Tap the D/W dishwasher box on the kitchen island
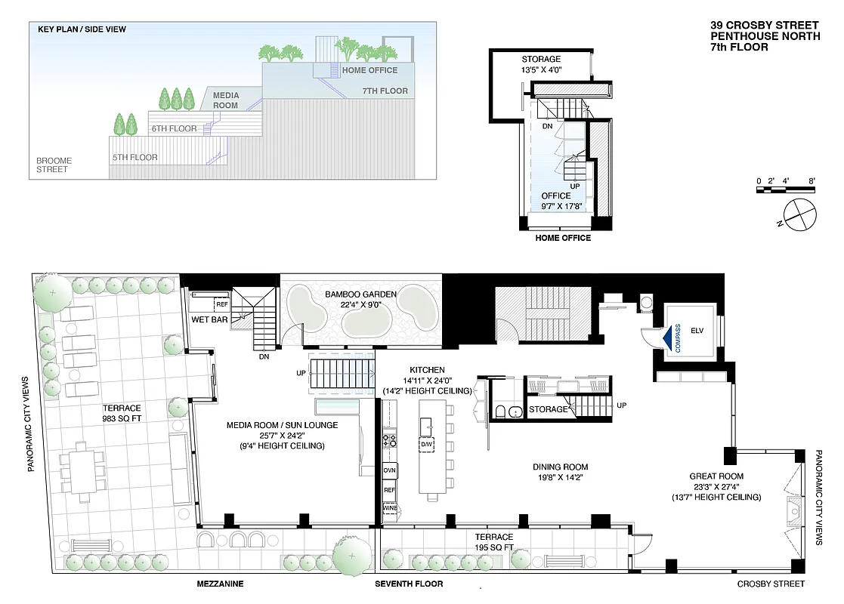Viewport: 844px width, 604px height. (x=427, y=444)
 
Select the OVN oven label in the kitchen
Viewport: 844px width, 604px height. (x=390, y=470)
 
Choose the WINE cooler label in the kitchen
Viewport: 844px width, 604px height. (x=390, y=508)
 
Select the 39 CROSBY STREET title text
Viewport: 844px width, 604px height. (x=764, y=25)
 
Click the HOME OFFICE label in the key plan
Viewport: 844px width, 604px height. (x=369, y=70)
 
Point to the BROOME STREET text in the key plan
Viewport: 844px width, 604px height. (x=53, y=165)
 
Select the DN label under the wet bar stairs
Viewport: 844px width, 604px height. (x=264, y=356)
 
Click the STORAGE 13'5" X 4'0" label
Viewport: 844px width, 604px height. (x=541, y=64)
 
